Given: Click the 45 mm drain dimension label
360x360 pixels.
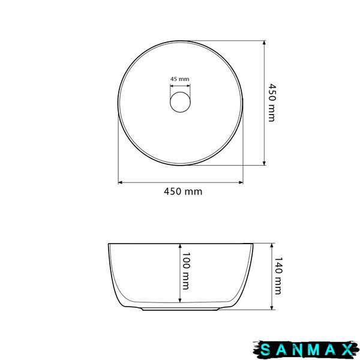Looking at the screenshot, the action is [180, 79].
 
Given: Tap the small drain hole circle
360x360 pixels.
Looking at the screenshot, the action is [180, 102].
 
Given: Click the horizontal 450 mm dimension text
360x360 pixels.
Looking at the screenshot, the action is [183, 191].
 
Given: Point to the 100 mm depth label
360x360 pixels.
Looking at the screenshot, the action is [185, 271].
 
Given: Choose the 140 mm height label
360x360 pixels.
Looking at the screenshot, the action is [278, 276].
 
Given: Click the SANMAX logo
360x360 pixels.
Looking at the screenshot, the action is [306, 350].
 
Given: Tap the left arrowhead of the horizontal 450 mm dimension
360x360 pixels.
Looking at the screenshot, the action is [120, 182].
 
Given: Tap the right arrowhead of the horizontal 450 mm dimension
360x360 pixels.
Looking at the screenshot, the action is [241, 182].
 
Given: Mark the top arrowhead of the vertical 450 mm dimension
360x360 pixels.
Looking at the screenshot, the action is [264, 43].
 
